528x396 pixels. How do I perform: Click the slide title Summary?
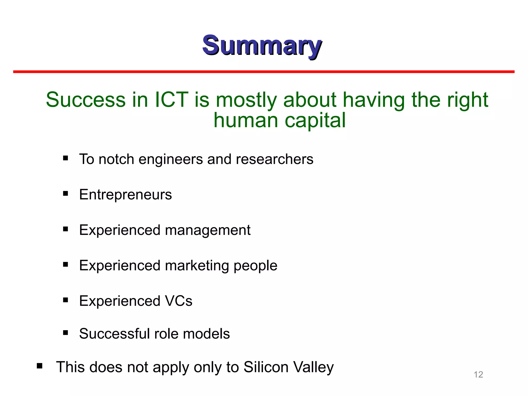coord(262,46)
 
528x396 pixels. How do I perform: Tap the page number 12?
coord(478,374)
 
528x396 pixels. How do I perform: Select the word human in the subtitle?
coord(246,120)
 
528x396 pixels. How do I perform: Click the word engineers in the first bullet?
coord(171,159)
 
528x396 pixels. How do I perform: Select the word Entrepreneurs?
coord(125,194)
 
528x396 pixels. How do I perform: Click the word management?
coord(208,230)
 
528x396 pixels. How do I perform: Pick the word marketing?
coord(197,266)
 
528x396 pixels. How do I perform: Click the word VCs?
coord(178,301)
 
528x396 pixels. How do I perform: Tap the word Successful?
coord(114,334)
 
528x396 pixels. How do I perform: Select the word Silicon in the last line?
coord(266,367)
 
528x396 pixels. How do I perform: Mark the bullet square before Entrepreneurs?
coord(65,193)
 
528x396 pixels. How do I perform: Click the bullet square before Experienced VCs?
coord(65,300)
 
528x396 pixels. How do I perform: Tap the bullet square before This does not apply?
coord(39,366)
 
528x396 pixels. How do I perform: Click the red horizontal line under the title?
coord(264,72)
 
